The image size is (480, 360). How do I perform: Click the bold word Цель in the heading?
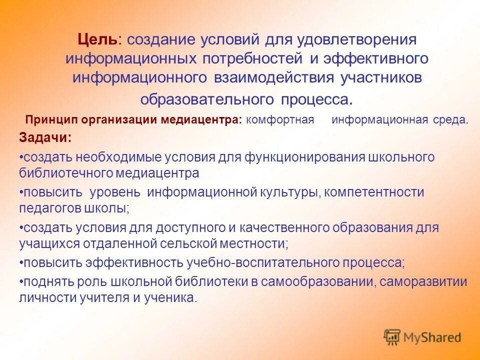98,39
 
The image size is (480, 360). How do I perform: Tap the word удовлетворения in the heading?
357,39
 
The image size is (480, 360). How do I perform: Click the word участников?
381,78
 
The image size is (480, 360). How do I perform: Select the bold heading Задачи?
45,137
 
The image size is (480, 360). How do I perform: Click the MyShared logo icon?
392,337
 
